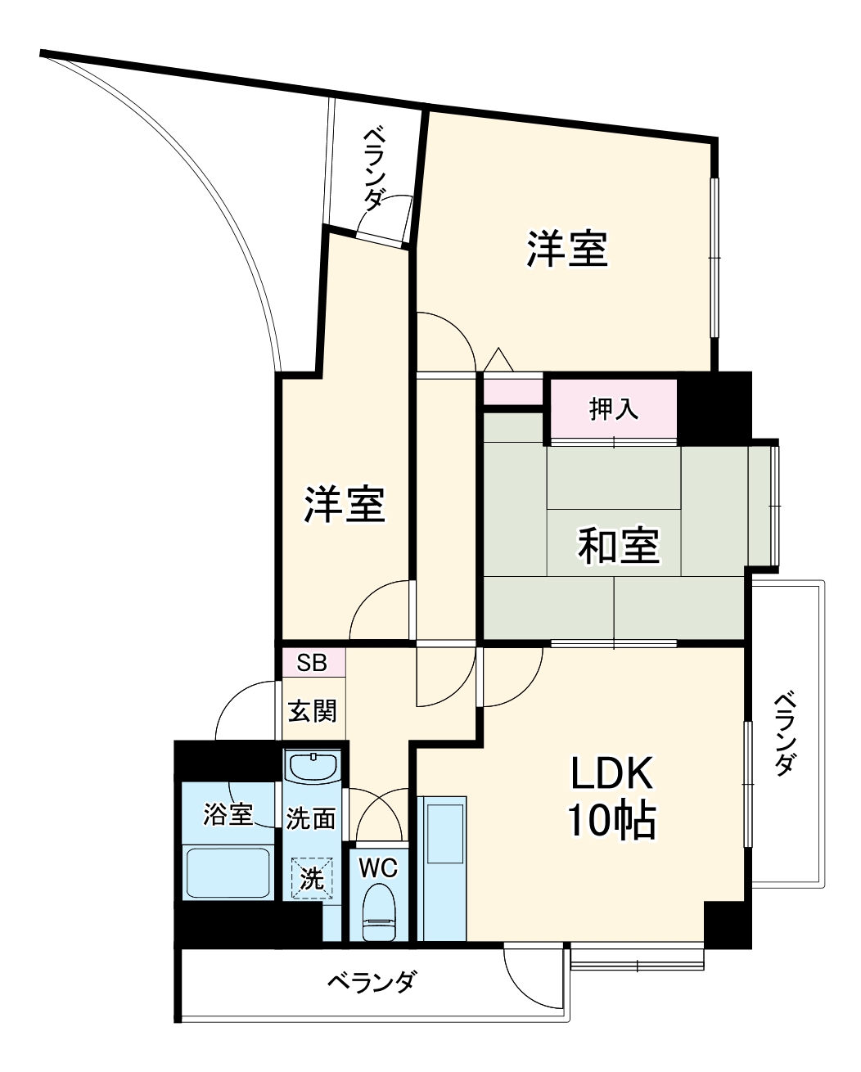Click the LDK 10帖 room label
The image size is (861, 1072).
(612, 796)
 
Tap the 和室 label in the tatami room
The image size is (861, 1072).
(618, 546)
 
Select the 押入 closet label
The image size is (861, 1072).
(614, 409)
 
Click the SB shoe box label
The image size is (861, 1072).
(311, 663)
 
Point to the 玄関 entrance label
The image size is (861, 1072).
(312, 710)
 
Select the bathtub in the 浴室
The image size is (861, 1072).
(228, 872)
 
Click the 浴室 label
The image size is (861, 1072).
(228, 814)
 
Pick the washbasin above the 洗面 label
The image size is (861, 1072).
(312, 768)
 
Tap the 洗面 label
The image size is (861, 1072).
(311, 818)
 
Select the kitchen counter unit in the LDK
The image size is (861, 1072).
(443, 867)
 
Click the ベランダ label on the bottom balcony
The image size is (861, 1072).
(373, 981)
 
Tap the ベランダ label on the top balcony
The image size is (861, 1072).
(374, 167)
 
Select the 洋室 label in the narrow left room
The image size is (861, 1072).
(345, 504)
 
